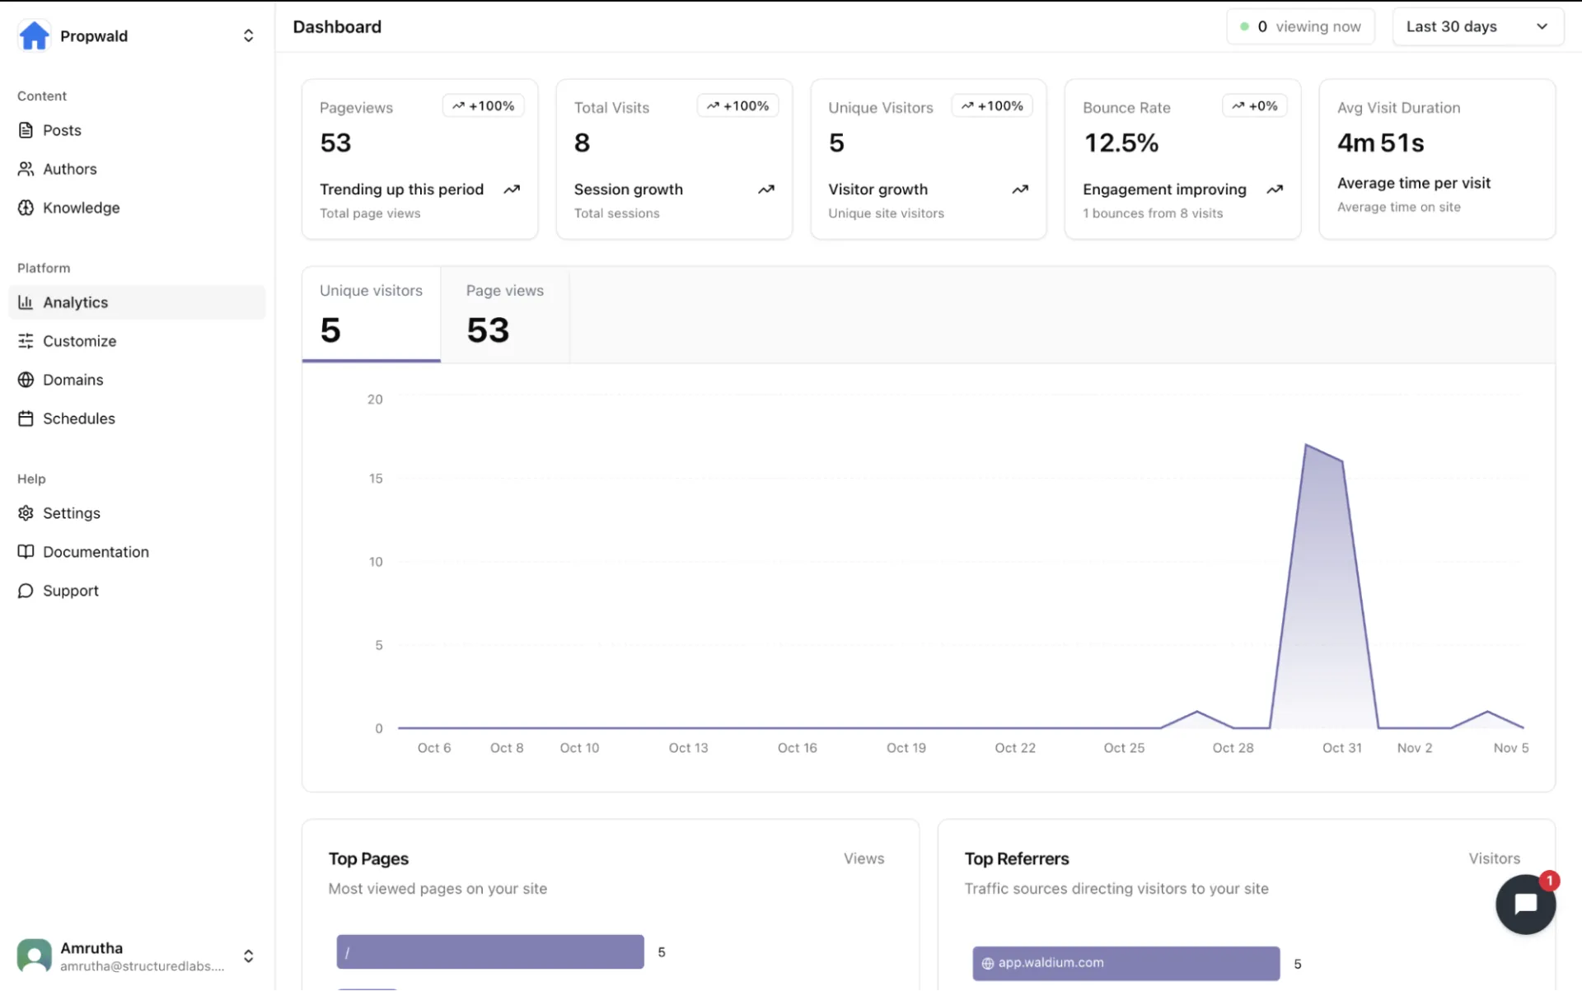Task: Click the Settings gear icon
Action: [x=26, y=513]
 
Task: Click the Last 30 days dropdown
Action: [x=1477, y=26]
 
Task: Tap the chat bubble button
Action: [x=1525, y=904]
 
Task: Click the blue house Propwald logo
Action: [x=34, y=35]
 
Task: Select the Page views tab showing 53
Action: [x=504, y=314]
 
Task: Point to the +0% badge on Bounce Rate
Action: [x=1254, y=105]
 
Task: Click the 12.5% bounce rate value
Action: [x=1121, y=143]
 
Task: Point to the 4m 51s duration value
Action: [x=1380, y=143]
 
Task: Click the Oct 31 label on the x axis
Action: [x=1341, y=748]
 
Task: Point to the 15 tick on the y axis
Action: [x=376, y=479]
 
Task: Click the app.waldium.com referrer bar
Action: [x=1126, y=963]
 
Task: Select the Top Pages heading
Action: [x=368, y=858]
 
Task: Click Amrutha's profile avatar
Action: [x=34, y=956]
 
